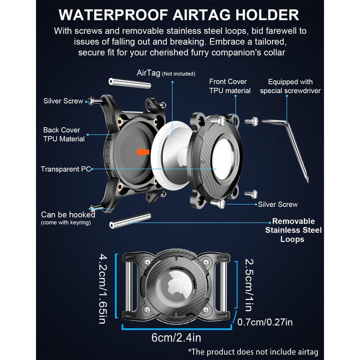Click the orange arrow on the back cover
(x=142, y=152)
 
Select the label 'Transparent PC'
(x=65, y=169)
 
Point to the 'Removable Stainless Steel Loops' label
(x=293, y=230)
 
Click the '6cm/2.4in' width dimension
(x=176, y=337)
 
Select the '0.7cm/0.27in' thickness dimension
(x=264, y=322)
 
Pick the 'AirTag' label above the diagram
(x=148, y=73)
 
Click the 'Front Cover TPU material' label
(x=230, y=86)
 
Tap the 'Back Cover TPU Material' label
(x=64, y=134)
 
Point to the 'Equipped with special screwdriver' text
(x=290, y=86)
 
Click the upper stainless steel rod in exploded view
(x=130, y=83)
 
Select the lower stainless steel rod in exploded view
(x=130, y=220)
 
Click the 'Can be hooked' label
(x=68, y=214)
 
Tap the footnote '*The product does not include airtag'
(x=253, y=351)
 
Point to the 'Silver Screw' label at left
(x=63, y=101)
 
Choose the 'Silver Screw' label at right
(x=278, y=204)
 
